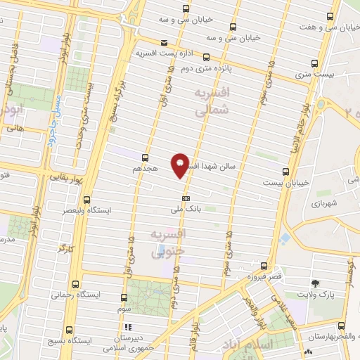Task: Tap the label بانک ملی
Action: (x=186, y=209)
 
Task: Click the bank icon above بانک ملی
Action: (x=186, y=197)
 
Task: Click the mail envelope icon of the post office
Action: (x=163, y=42)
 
